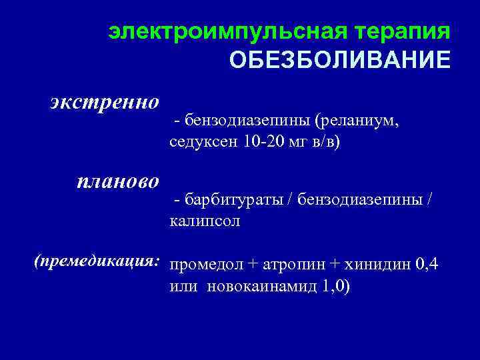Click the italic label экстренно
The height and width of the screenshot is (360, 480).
pyautogui.click(x=105, y=102)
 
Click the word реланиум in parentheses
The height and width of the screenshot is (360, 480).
pyautogui.click(x=359, y=121)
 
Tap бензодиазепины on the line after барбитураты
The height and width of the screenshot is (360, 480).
pyautogui.click(x=362, y=199)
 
